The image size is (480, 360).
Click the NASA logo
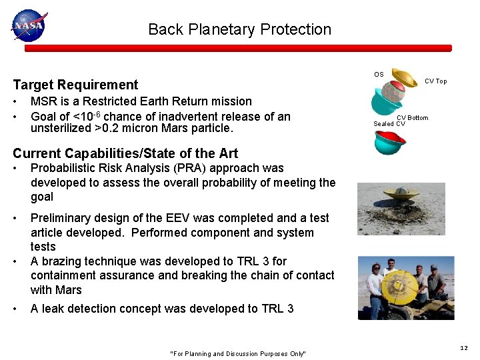(x=28, y=25)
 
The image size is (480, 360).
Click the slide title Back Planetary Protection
(x=239, y=29)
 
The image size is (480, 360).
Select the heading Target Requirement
(x=75, y=85)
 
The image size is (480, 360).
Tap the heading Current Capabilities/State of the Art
(x=125, y=154)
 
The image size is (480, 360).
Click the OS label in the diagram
(x=379, y=75)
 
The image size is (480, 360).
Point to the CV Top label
(x=436, y=81)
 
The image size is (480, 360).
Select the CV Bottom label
(x=413, y=118)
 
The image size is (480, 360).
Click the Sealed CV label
(x=389, y=124)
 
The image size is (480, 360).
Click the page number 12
(x=464, y=348)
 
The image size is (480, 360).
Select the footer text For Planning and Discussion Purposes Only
(x=238, y=354)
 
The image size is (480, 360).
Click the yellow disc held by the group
(x=399, y=287)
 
